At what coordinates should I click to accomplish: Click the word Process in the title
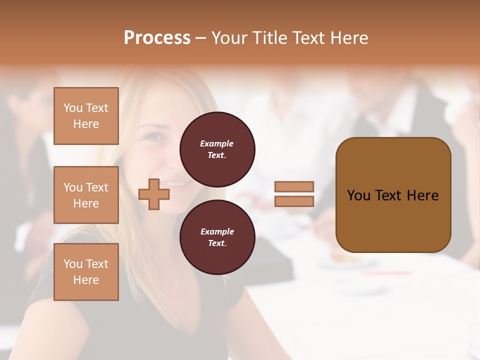coord(157,38)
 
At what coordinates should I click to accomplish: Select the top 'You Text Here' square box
coord(86,116)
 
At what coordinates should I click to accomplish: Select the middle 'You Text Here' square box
coord(86,195)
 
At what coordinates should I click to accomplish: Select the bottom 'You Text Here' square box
coord(86,272)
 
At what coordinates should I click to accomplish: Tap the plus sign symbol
coord(154,194)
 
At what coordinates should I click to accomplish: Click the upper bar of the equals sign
coord(294,186)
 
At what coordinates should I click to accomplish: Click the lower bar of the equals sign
coord(294,201)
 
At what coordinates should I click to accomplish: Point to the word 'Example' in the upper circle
coord(216,143)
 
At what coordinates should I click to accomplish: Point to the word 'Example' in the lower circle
coord(216,231)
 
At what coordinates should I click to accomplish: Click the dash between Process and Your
coord(200,38)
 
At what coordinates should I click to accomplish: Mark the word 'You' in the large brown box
coord(358,195)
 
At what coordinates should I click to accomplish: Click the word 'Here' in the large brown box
coord(422,195)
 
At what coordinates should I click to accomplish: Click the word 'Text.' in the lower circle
coord(216,243)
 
